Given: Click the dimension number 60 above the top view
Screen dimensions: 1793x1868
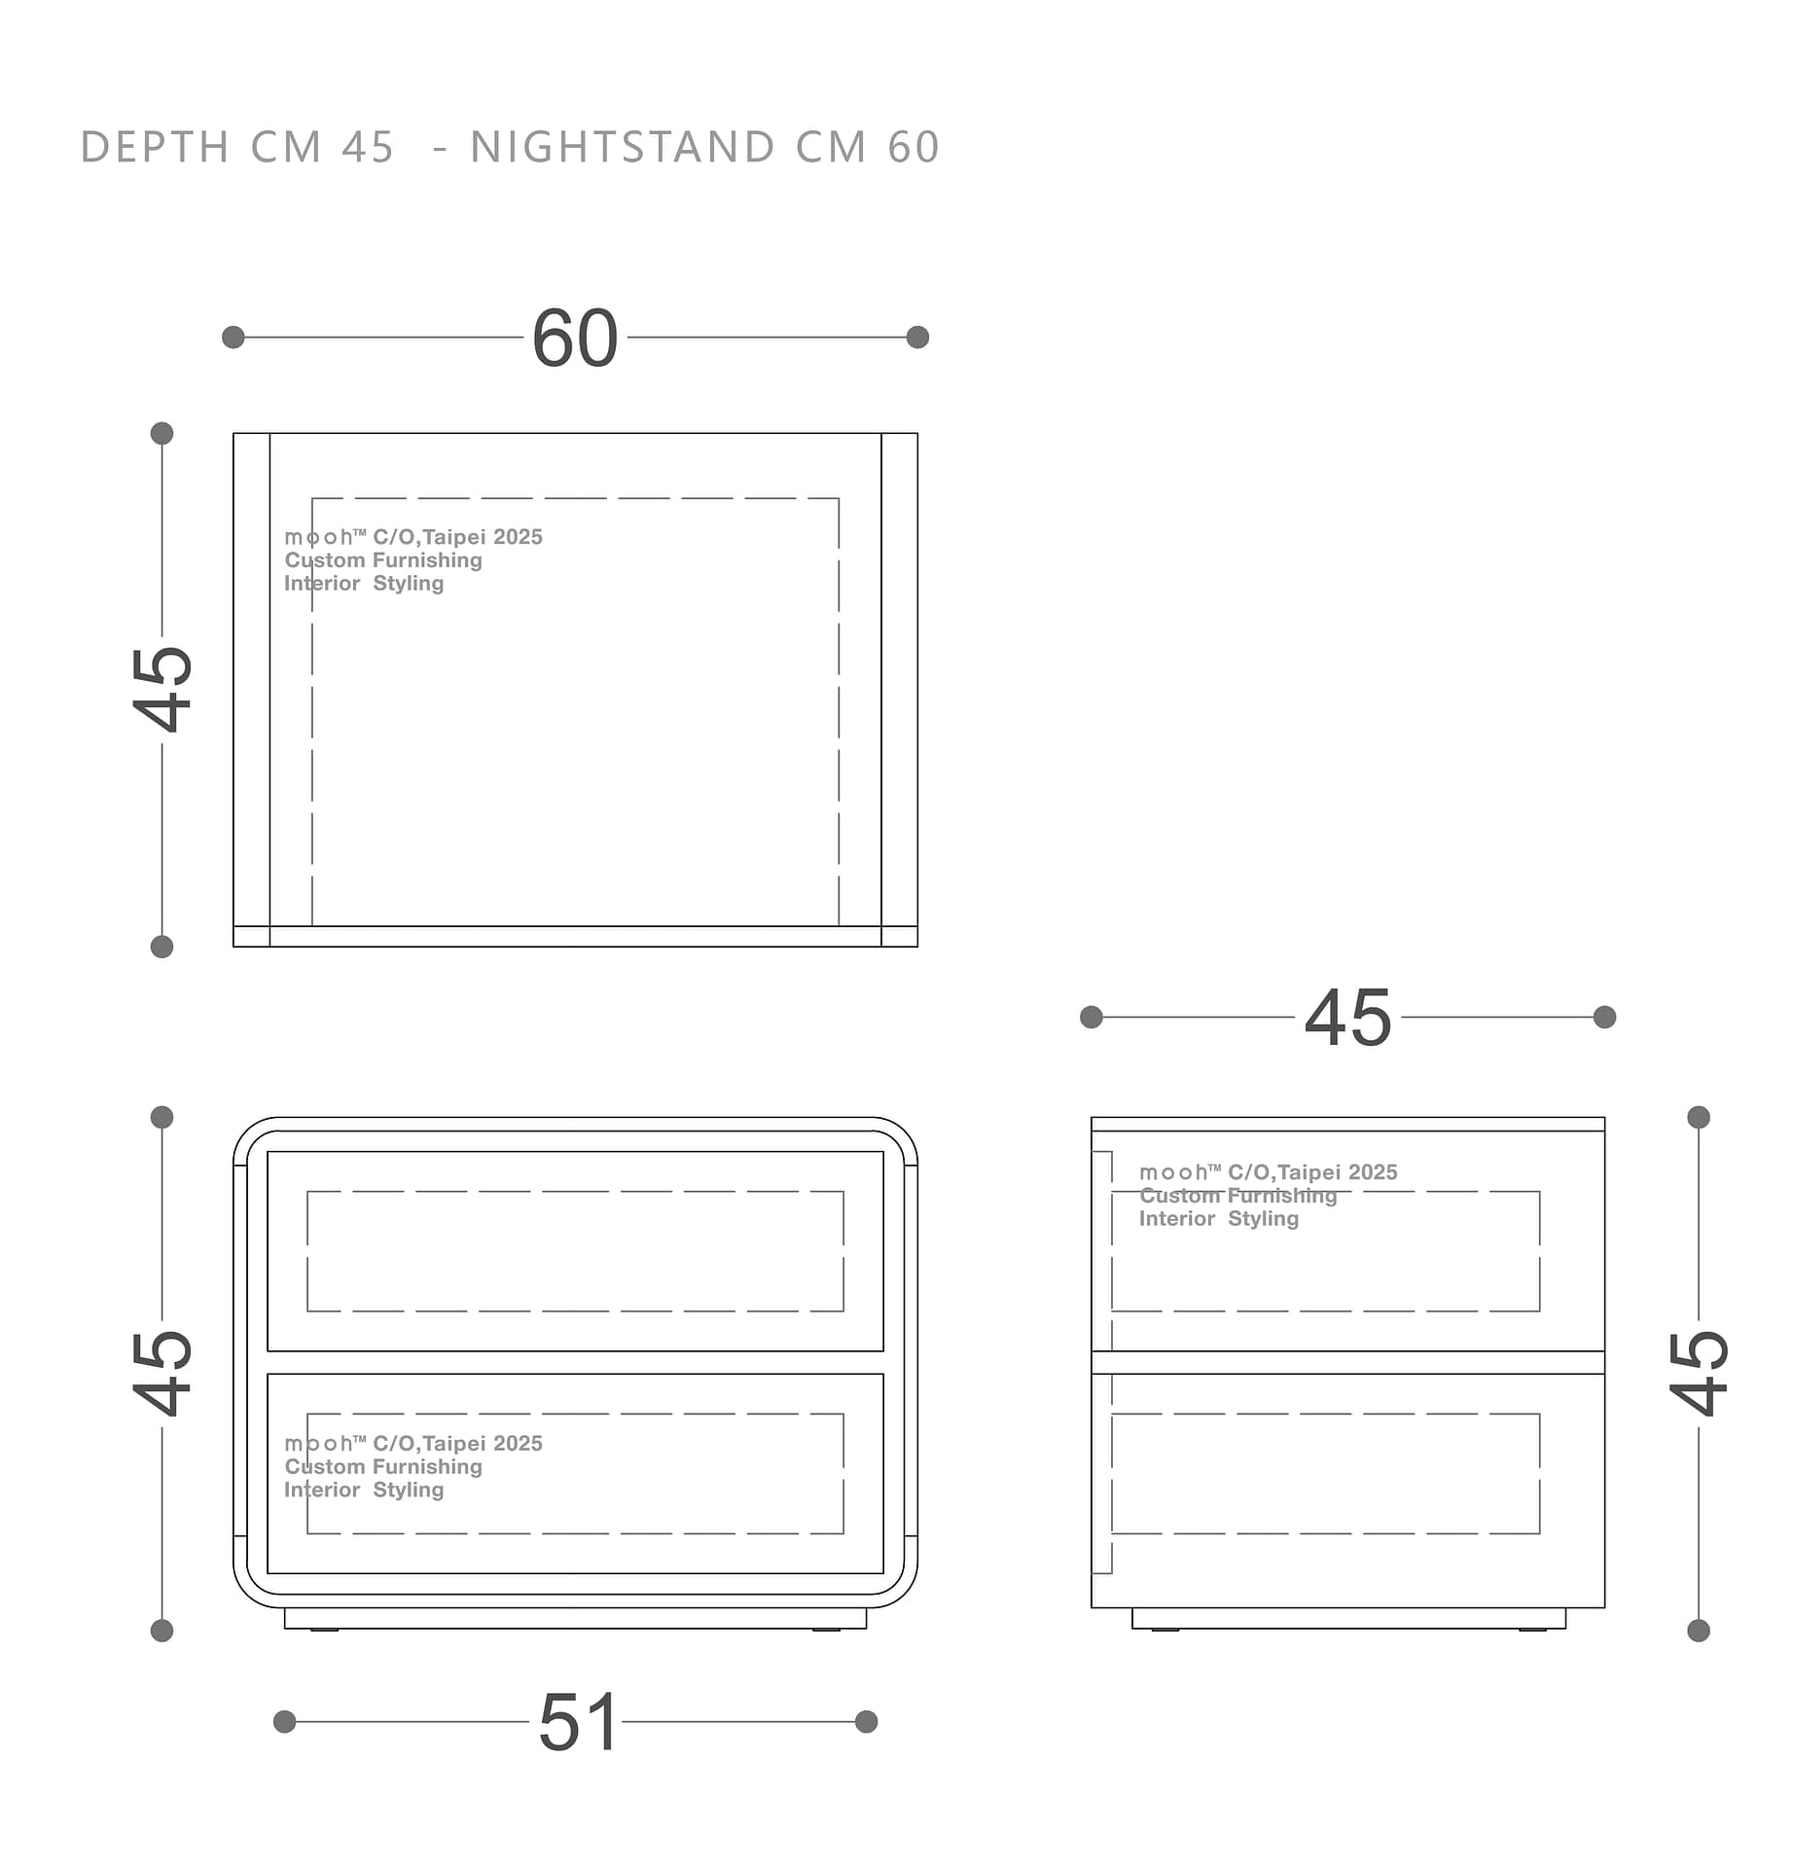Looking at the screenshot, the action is coord(575,339).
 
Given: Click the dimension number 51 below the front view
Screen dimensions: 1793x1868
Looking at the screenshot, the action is coord(579,1722).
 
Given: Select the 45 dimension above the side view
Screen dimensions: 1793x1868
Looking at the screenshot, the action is coord(1347,1018).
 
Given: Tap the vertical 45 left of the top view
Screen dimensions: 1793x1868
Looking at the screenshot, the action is coord(162,688).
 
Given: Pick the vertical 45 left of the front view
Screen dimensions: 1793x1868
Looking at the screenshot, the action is coord(162,1372).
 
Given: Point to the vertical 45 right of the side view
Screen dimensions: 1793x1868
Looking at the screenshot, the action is coord(1699,1372).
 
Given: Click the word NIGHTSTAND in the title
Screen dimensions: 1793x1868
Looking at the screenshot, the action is coord(624,148).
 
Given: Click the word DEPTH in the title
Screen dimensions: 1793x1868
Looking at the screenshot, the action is coord(155,148).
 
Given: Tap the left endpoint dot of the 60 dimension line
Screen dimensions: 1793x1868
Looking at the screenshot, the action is coord(233,338).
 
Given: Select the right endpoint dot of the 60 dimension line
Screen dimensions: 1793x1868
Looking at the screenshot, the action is coord(917,338).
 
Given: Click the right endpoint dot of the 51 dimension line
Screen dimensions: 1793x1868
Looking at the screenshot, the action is coord(866,1722).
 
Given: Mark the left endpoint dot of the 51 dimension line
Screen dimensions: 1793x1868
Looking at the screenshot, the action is coord(284,1722).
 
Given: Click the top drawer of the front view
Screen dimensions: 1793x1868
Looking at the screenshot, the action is coord(575,1251).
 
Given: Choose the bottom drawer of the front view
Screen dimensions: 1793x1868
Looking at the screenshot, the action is coord(575,1473).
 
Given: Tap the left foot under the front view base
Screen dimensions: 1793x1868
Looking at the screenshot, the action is coord(325,1630).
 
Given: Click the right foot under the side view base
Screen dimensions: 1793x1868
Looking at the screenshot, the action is coord(1532,1630).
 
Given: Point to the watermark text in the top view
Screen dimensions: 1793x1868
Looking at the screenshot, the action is coord(413,560).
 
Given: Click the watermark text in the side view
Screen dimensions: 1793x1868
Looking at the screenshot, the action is coord(1269,1196).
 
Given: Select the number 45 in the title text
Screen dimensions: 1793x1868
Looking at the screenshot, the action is coord(368,148).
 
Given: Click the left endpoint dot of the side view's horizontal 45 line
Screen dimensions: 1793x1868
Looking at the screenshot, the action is coord(1092,1017).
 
